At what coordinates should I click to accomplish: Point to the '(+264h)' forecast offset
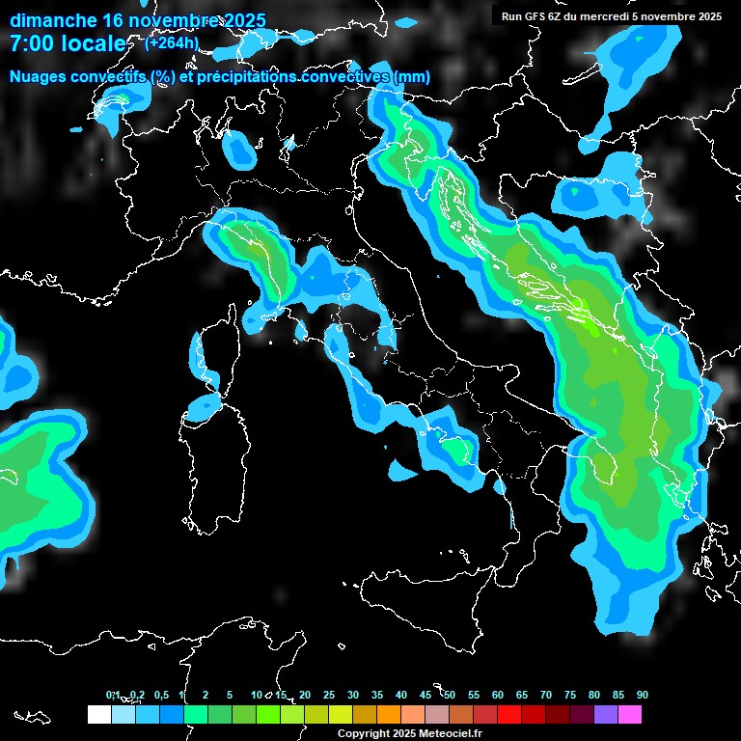pos(172,42)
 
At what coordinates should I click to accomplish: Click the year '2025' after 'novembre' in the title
pos(242,20)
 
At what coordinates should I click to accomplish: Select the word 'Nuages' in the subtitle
pos(38,77)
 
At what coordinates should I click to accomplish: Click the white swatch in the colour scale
pos(98,714)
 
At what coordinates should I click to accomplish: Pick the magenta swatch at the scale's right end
pos(630,714)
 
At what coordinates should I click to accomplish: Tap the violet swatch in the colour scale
pos(606,714)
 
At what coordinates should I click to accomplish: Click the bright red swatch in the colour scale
pos(509,714)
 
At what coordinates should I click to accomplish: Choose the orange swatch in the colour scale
pos(388,714)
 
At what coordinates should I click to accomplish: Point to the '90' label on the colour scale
pos(643,695)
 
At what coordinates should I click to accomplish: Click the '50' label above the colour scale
pos(450,695)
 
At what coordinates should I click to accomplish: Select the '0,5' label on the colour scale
pos(160,695)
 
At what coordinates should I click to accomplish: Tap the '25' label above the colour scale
pos(329,695)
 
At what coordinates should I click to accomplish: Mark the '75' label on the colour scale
pos(570,695)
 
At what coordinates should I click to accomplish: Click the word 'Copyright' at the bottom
pos(363,733)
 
